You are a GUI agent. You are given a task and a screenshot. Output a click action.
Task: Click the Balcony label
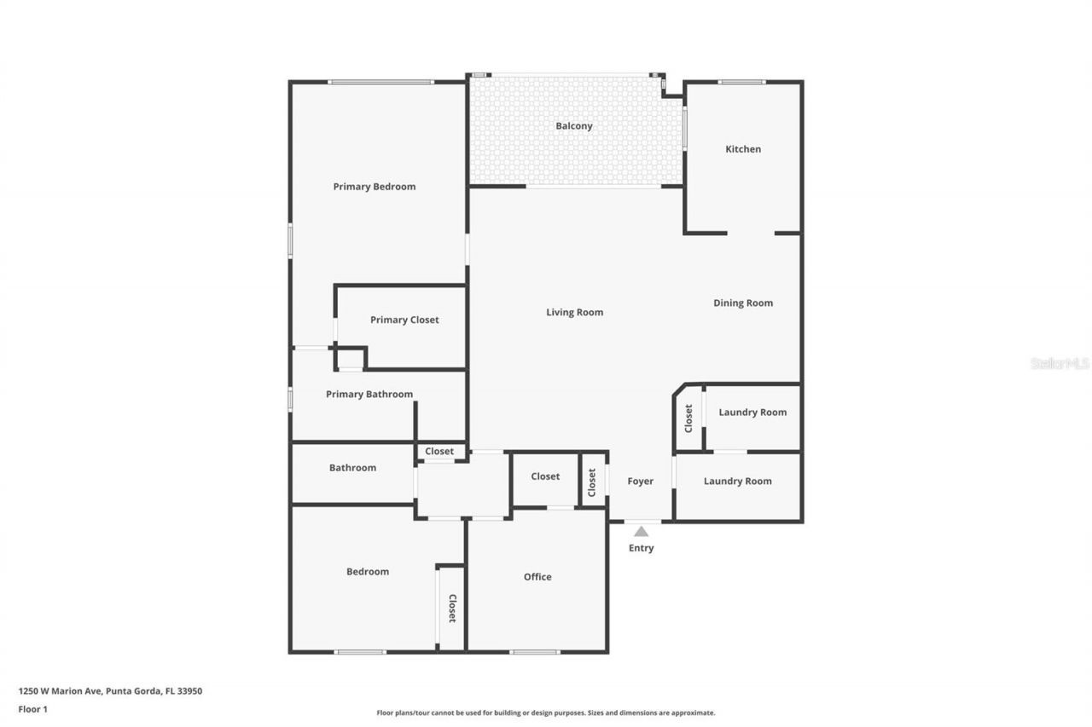click(x=573, y=126)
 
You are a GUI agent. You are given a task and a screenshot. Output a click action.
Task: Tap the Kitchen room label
click(x=742, y=149)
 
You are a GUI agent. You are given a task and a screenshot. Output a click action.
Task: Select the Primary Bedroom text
click(x=374, y=187)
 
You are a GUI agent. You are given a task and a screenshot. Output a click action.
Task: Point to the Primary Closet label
click(x=404, y=320)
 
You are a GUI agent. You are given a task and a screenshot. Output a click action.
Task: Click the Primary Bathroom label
click(x=369, y=395)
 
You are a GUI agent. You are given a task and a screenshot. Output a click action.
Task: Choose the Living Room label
click(x=574, y=313)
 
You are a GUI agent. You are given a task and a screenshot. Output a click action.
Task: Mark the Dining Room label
click(x=742, y=303)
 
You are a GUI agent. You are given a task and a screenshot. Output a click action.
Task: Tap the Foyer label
click(x=640, y=482)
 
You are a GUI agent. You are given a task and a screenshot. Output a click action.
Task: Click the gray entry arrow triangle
click(x=641, y=531)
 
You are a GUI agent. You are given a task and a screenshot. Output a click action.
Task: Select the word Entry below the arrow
click(x=641, y=548)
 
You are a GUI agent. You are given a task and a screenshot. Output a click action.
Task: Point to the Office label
click(x=537, y=577)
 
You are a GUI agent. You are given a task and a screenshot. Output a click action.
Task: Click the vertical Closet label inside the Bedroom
click(x=452, y=608)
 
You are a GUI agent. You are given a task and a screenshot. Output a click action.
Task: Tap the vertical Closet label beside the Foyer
click(x=592, y=482)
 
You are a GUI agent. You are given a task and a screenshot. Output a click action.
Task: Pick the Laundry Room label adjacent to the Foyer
click(x=737, y=482)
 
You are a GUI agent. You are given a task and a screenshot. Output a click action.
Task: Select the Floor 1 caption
click(x=32, y=708)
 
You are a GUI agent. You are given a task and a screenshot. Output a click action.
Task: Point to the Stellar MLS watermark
click(x=1060, y=363)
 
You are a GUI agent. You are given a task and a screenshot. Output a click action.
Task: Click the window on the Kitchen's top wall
click(x=741, y=82)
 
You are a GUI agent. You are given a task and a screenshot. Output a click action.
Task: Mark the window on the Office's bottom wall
click(x=535, y=652)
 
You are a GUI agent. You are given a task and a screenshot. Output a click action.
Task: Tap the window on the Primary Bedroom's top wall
click(x=381, y=82)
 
